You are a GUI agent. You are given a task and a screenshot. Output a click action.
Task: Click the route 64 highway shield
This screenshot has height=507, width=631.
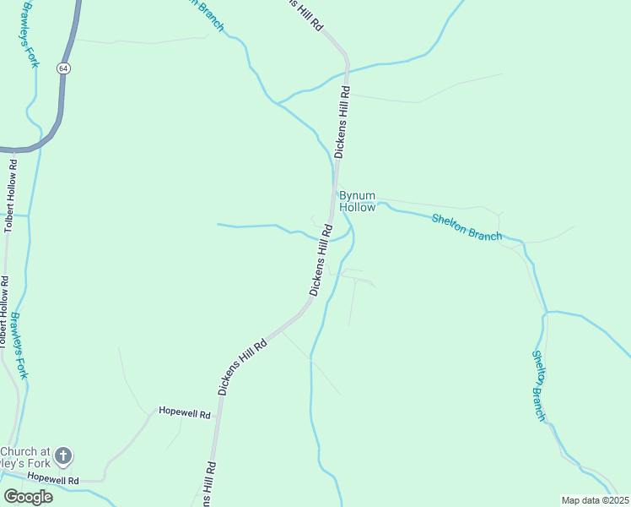pos(63,67)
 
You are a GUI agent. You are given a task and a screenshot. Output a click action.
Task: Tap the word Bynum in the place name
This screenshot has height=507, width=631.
pos(358,195)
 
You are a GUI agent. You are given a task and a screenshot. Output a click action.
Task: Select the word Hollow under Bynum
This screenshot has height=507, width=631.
pos(358,207)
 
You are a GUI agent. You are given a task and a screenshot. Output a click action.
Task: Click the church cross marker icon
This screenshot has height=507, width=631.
pos(63,457)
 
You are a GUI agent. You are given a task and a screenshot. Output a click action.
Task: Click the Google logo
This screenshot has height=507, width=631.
pos(28,497)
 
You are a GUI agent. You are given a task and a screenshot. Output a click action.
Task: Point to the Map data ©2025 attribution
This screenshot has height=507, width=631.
pos(596,500)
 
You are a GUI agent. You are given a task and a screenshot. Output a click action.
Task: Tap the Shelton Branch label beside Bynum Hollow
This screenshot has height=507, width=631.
pos(467,227)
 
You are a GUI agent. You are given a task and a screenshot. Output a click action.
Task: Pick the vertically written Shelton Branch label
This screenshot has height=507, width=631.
pos(539,385)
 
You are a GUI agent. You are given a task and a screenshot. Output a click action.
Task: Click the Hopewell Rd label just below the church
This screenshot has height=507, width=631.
pos(52,479)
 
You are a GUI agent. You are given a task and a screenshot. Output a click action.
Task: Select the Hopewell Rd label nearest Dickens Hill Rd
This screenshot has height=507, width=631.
pos(184,412)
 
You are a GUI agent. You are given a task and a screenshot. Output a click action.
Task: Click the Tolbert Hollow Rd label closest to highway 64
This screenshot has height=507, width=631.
pos(10,194)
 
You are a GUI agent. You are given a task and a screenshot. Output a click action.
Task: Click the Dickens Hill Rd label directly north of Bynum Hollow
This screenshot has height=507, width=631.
pos(341,122)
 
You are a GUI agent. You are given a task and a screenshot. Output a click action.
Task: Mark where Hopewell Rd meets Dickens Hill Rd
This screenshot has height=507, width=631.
pos(219,413)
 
